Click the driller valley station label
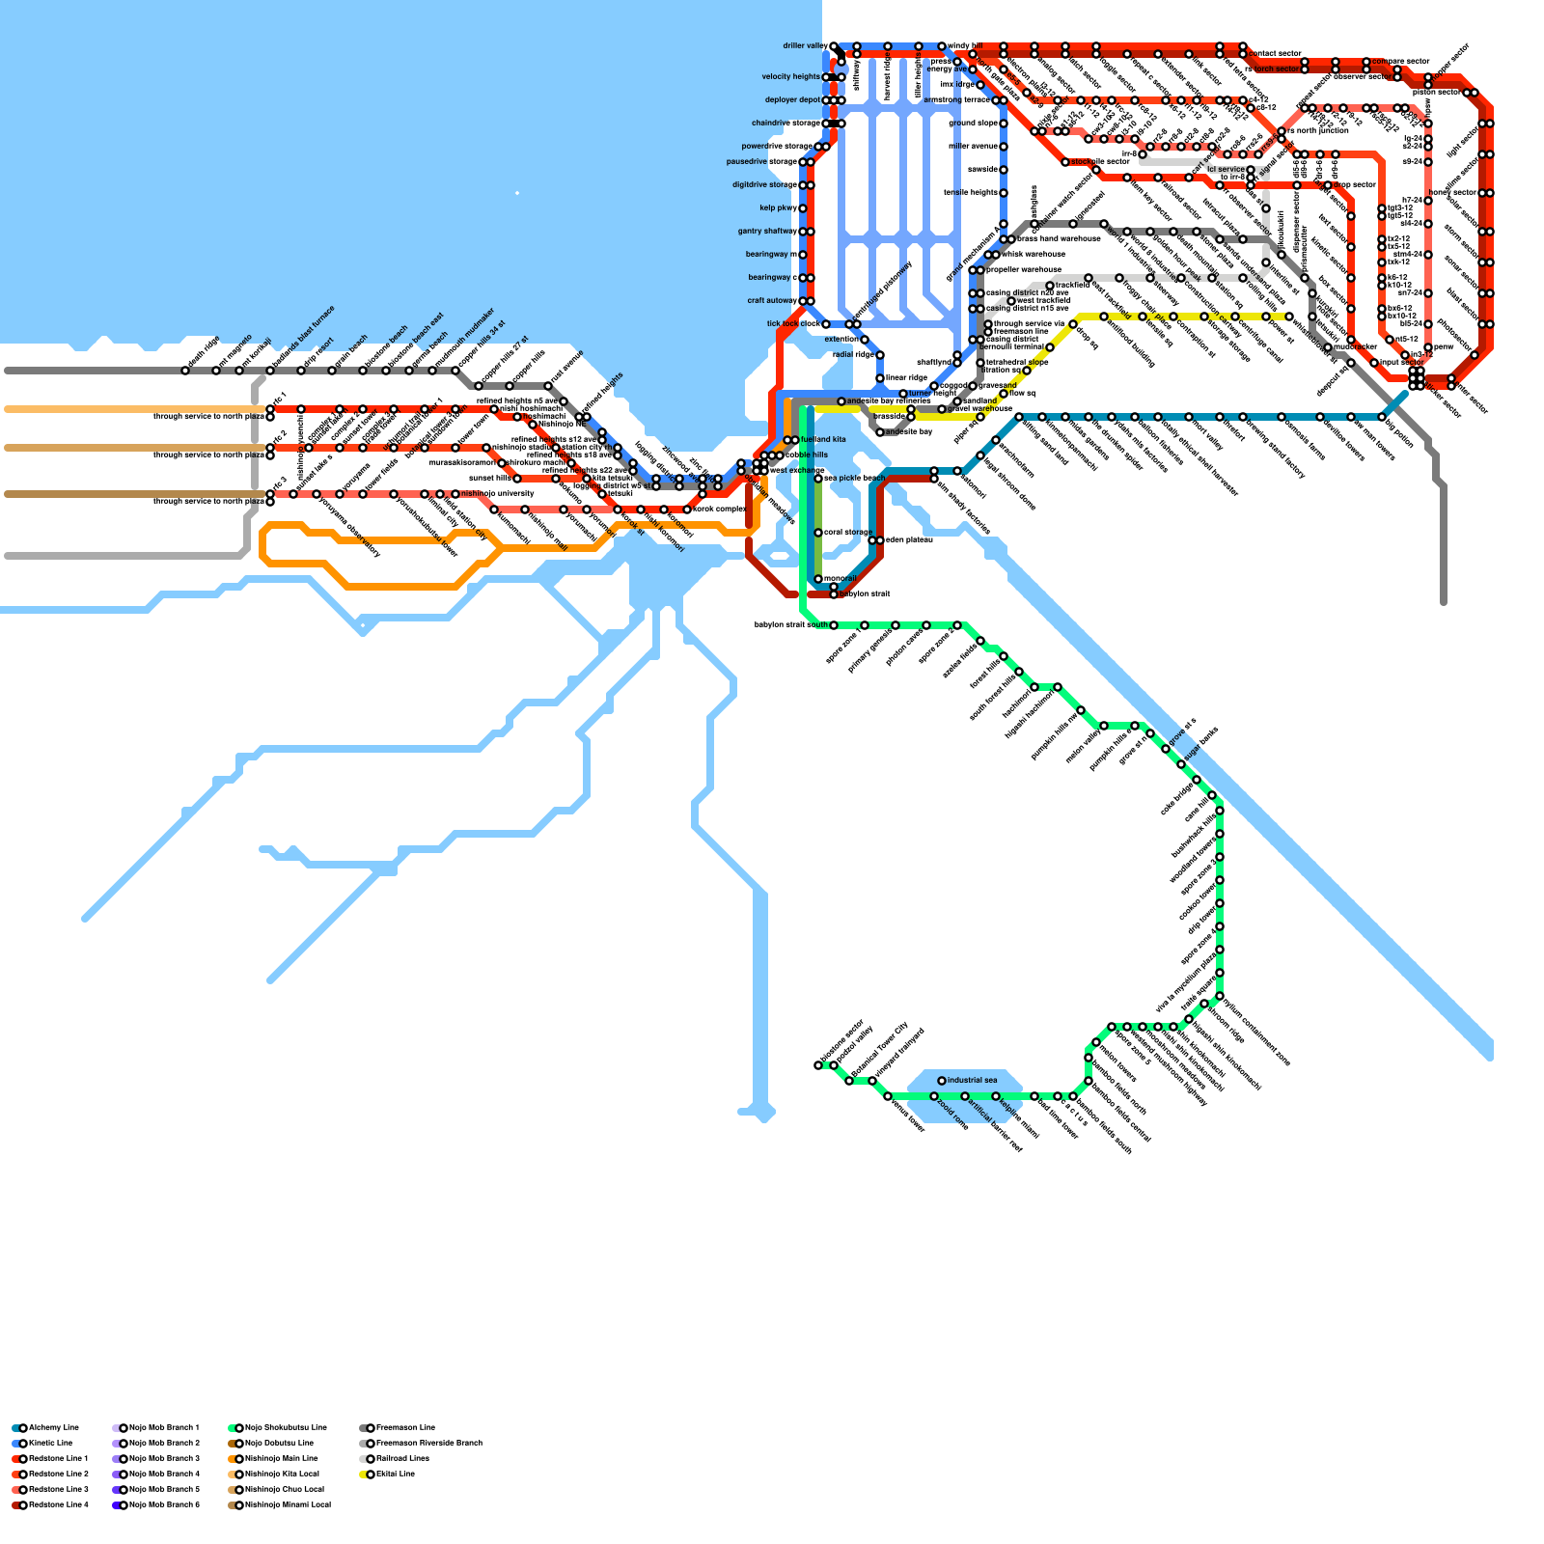[x=805, y=46]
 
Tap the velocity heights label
[x=790, y=77]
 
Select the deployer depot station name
[x=792, y=100]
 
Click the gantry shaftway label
[x=766, y=232]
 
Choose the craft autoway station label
[x=772, y=301]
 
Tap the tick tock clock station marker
[x=826, y=324]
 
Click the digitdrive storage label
[x=764, y=185]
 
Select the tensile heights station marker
[x=1004, y=193]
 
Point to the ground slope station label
[x=973, y=124]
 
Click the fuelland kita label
[x=823, y=440]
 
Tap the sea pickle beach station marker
[x=818, y=479]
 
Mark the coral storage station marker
[x=818, y=533]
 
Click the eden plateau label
[x=908, y=540]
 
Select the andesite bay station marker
[x=880, y=432]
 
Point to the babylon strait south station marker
[x=834, y=625]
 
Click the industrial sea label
[x=972, y=1081]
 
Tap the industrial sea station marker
[x=942, y=1081]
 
